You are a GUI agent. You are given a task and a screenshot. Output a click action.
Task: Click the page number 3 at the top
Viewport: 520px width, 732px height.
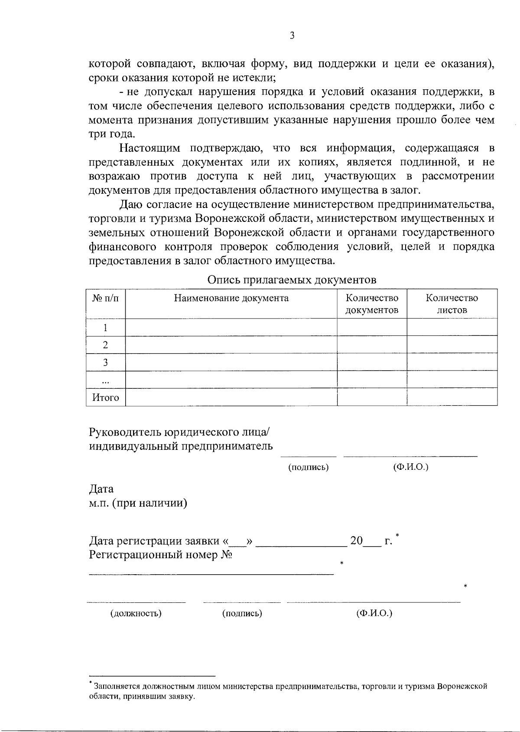click(x=292, y=36)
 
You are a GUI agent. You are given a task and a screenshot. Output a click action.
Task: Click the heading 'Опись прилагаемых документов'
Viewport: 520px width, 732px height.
click(x=292, y=280)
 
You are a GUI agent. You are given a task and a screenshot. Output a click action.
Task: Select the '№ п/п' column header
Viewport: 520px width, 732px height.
click(x=105, y=298)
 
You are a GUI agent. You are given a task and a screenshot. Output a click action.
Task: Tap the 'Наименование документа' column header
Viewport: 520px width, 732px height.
click(x=231, y=298)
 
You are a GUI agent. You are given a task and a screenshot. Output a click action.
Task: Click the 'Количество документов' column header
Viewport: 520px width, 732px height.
click(x=372, y=304)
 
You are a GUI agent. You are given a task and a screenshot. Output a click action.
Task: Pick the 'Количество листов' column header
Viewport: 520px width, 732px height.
click(x=452, y=304)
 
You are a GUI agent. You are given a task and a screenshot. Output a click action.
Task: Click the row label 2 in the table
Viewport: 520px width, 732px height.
click(x=105, y=345)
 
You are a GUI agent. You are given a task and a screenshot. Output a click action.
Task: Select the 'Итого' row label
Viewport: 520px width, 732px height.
click(x=105, y=397)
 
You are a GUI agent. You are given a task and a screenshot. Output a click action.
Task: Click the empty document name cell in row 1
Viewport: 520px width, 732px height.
click(x=231, y=328)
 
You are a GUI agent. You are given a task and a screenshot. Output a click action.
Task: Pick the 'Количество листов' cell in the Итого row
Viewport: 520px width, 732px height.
click(x=452, y=397)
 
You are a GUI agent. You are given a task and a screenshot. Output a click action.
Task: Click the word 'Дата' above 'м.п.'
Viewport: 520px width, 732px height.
click(x=101, y=489)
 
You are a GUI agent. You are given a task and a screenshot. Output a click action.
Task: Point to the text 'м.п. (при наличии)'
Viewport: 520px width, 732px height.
click(x=138, y=503)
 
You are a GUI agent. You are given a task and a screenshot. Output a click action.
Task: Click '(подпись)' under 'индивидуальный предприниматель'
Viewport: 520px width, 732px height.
click(x=309, y=467)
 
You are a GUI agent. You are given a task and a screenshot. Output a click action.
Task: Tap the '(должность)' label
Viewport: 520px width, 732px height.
click(x=136, y=613)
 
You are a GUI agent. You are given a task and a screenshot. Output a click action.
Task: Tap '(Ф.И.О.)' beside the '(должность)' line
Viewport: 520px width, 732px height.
click(x=374, y=613)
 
